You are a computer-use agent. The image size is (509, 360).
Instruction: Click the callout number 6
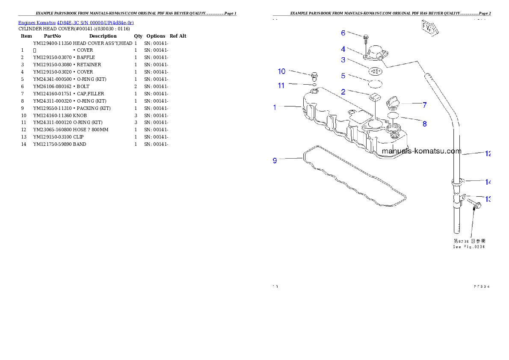tap(343, 33)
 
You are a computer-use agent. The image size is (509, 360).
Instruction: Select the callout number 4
tap(343, 50)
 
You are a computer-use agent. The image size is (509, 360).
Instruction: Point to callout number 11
tap(281, 86)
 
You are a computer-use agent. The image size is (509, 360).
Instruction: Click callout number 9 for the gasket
tap(275, 161)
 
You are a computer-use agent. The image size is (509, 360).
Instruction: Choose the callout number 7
tap(424, 104)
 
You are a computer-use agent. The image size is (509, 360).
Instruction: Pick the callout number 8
tap(424, 124)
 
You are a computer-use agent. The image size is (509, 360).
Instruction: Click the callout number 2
tap(343, 91)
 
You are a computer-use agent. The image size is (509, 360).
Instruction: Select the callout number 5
tap(343, 76)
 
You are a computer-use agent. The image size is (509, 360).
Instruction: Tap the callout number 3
tap(343, 60)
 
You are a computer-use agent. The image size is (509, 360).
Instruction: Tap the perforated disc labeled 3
tap(375, 69)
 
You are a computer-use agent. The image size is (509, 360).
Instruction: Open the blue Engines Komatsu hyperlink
tap(76, 23)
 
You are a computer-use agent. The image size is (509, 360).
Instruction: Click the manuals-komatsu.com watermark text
tap(421, 151)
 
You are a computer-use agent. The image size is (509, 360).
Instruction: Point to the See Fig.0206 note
tap(469, 247)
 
